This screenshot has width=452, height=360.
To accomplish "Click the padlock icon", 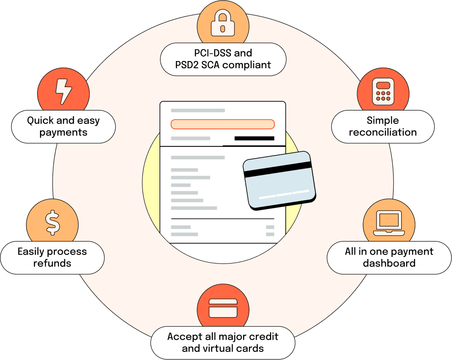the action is (x=223, y=23).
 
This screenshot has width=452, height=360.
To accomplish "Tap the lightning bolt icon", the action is (x=63, y=91).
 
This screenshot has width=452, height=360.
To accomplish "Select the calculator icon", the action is (x=383, y=91).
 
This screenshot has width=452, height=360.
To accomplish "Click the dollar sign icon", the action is (x=53, y=223).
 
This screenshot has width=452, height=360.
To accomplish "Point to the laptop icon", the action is (x=389, y=223).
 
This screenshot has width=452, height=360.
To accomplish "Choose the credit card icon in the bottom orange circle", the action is (x=223, y=308).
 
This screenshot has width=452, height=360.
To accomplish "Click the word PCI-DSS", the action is (x=213, y=53).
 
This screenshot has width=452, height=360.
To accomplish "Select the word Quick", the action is (x=40, y=120).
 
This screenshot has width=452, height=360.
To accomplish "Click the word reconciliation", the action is (x=383, y=132).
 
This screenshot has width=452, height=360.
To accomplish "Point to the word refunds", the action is (x=52, y=263).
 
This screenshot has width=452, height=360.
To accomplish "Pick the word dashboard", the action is (x=389, y=263).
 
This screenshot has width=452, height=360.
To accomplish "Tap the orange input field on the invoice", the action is (x=222, y=124).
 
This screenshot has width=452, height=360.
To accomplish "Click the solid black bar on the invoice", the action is (x=254, y=139).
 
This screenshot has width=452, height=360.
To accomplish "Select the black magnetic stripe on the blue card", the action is (x=278, y=169).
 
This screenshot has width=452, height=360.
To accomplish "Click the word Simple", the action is (x=383, y=120).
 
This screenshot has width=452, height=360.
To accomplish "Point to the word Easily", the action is (x=31, y=252).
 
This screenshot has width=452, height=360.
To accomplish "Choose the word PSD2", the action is (x=187, y=65).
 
